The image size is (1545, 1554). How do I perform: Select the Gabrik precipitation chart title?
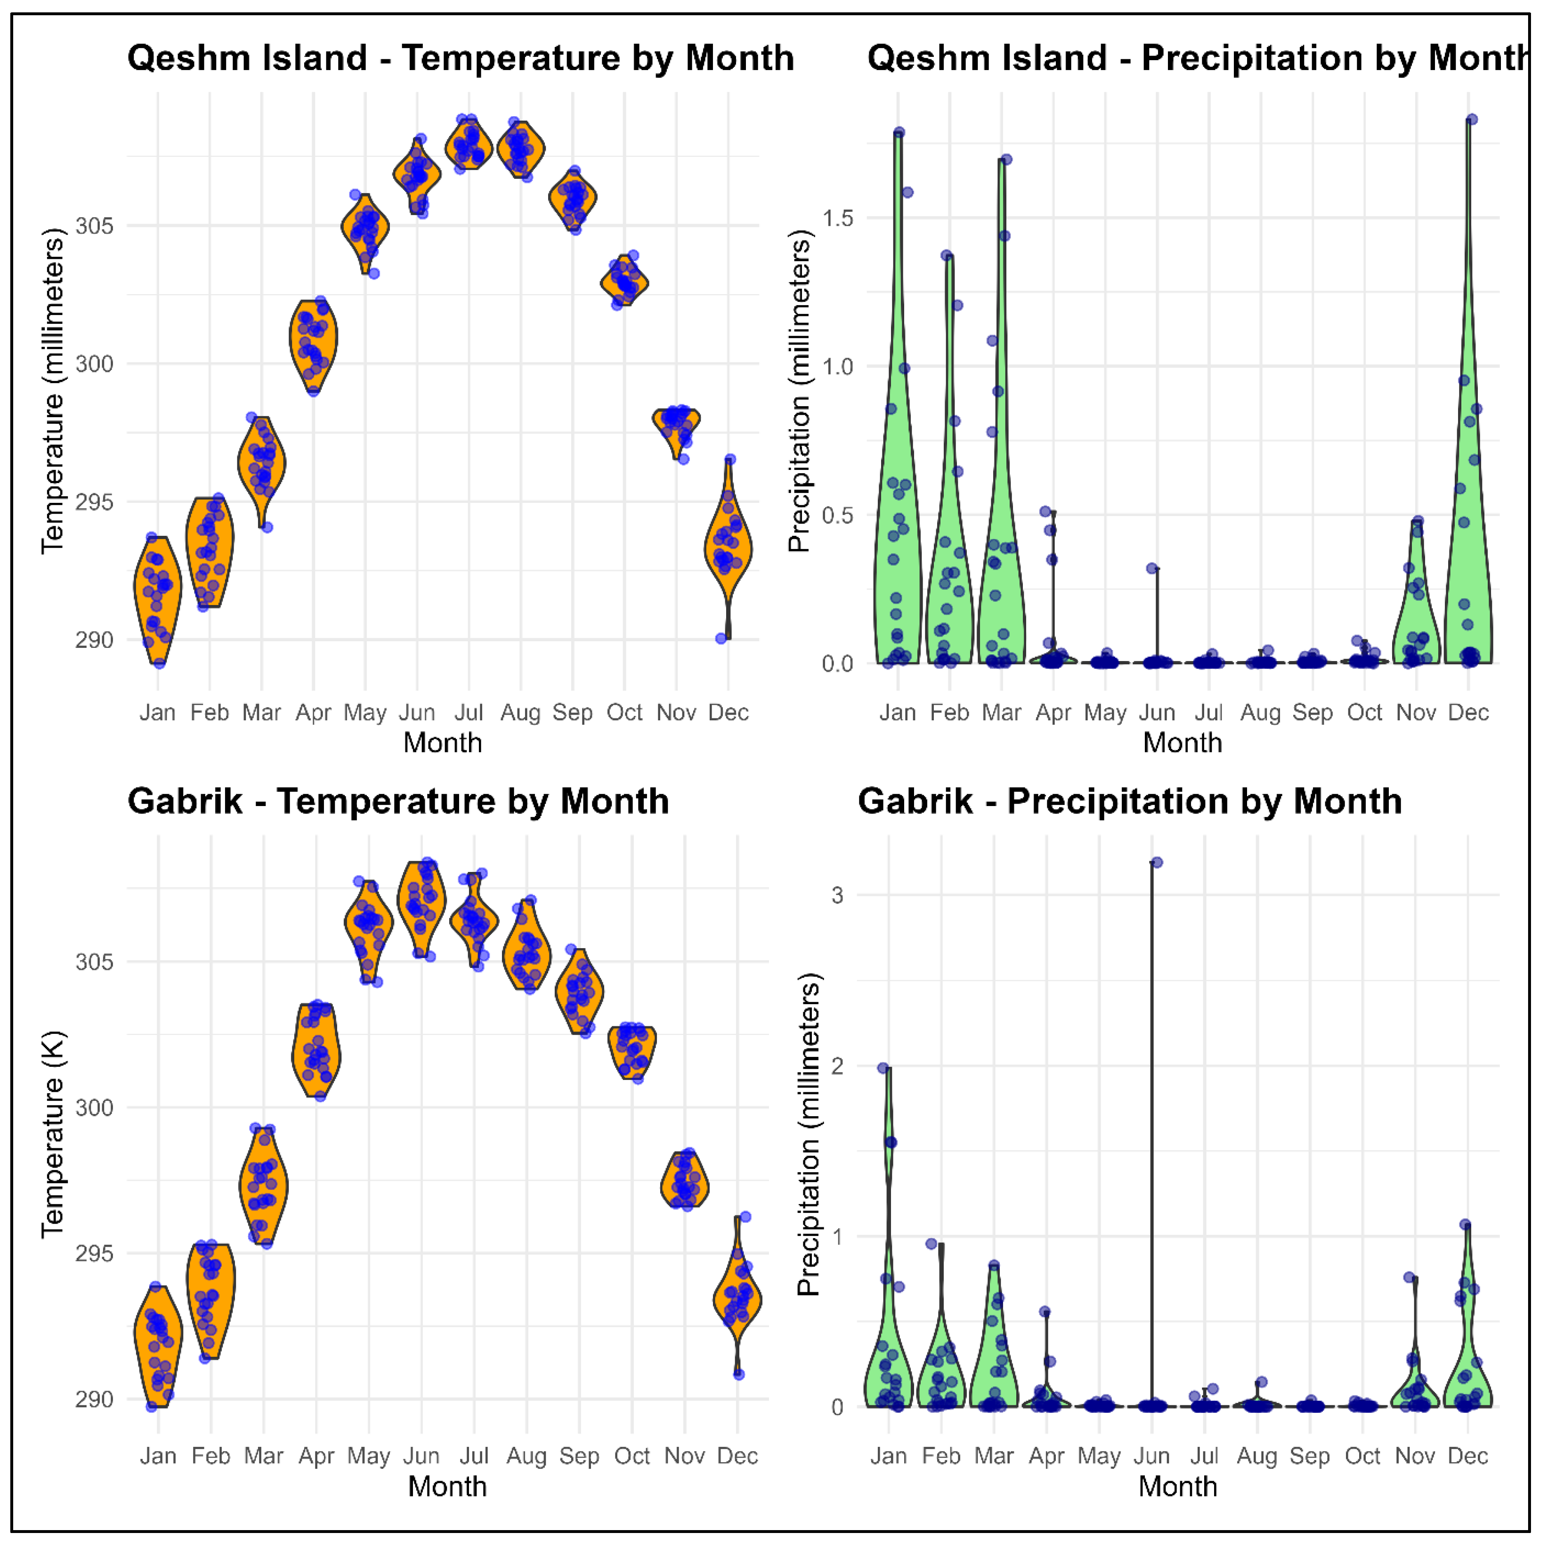click(1130, 802)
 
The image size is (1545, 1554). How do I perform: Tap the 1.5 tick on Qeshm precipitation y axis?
click(838, 218)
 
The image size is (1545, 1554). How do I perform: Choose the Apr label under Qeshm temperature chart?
click(313, 713)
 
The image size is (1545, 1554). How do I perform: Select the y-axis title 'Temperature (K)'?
click(53, 1134)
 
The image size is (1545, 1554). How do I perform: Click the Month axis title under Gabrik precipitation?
click(1177, 1486)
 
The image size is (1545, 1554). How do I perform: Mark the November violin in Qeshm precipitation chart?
click(1416, 603)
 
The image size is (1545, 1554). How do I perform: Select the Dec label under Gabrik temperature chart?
click(737, 1456)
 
